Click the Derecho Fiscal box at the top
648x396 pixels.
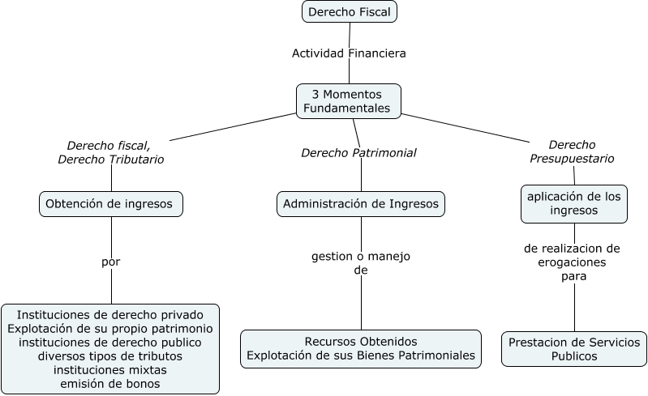point(350,12)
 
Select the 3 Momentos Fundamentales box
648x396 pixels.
point(349,101)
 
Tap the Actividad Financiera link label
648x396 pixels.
point(349,53)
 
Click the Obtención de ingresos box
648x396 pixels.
point(110,204)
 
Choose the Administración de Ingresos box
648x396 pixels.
point(361,204)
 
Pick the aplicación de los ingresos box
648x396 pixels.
point(573,203)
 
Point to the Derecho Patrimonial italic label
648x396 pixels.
point(358,152)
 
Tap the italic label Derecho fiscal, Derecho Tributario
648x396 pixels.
point(110,152)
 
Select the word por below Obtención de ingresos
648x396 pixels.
point(110,262)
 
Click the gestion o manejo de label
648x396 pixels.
point(361,263)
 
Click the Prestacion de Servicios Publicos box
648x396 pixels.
point(573,349)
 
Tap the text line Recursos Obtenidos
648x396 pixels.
point(361,342)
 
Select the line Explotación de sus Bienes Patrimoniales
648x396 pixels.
point(361,356)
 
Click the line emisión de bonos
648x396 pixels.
point(110,384)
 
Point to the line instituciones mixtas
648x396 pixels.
point(110,370)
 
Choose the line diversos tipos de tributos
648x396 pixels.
point(110,356)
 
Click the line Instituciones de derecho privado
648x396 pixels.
point(110,315)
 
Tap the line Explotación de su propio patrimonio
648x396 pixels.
point(110,329)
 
